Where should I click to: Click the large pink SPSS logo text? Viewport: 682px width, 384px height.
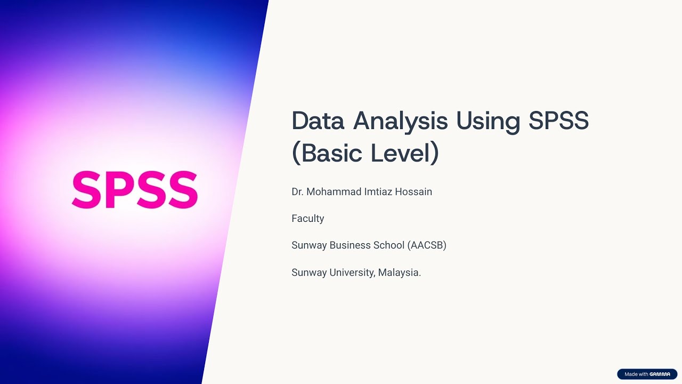coord(135,189)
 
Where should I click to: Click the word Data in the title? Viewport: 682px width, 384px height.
coord(318,121)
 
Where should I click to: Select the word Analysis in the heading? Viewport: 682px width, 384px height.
coord(400,123)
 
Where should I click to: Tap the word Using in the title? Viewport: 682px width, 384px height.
coord(488,123)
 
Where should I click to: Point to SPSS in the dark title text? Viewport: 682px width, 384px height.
coord(559,121)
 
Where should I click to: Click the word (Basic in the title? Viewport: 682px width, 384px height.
coord(327,153)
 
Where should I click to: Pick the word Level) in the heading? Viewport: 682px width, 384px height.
coord(405,153)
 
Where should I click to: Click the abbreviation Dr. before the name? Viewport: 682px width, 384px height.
coord(297,191)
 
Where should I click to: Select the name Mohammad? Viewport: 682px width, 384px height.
coord(334,191)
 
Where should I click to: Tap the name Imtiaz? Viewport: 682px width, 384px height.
coord(378,191)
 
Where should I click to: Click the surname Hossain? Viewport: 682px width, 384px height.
coord(413,191)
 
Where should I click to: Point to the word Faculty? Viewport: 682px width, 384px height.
coord(308,219)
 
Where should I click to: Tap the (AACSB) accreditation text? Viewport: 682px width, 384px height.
coord(427,245)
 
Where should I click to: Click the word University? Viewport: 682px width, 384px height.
coord(352,273)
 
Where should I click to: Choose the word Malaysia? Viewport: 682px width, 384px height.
coord(400,273)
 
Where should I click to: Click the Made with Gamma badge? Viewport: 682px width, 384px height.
coord(647,374)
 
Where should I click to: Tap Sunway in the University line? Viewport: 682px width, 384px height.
coord(309,273)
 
